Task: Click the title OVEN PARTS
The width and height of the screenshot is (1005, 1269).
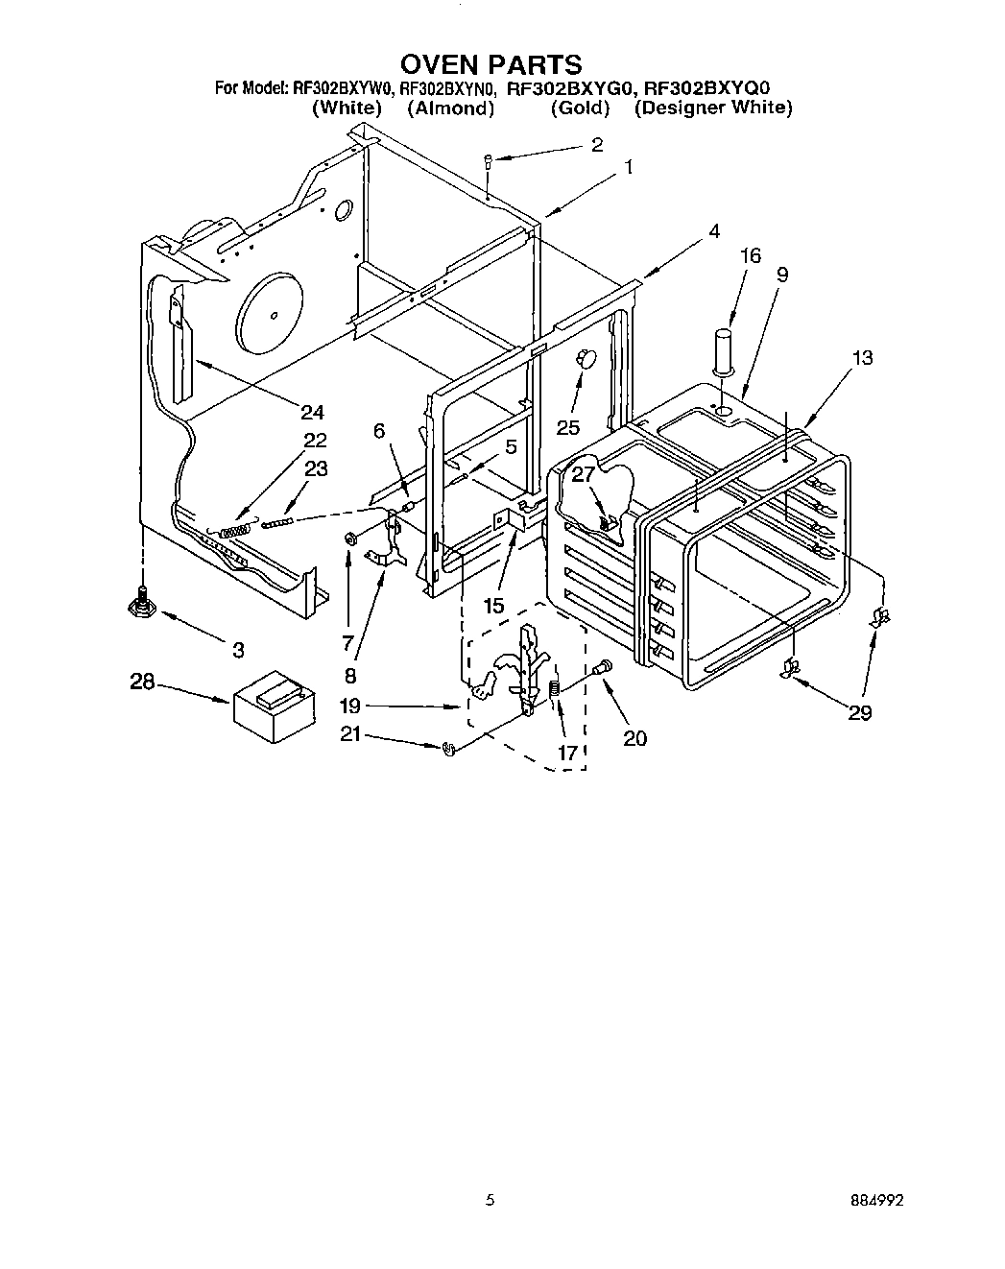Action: pos(491,64)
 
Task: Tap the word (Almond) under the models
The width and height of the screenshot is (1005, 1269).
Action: pos(450,108)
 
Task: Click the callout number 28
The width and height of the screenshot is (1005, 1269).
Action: pos(142,682)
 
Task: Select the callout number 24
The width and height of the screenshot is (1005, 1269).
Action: pos(311,413)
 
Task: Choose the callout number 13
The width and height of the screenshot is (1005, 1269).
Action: pos(862,358)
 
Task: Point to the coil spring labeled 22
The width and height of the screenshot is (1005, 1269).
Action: pos(234,529)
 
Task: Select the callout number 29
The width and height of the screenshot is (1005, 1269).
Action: pos(860,712)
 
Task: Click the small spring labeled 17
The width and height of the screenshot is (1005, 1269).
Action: pos(554,690)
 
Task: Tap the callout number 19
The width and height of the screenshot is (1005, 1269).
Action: pos(349,706)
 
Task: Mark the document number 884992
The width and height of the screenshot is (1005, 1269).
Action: pos(876,1200)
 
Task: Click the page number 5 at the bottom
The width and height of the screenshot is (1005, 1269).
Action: pos(491,1200)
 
